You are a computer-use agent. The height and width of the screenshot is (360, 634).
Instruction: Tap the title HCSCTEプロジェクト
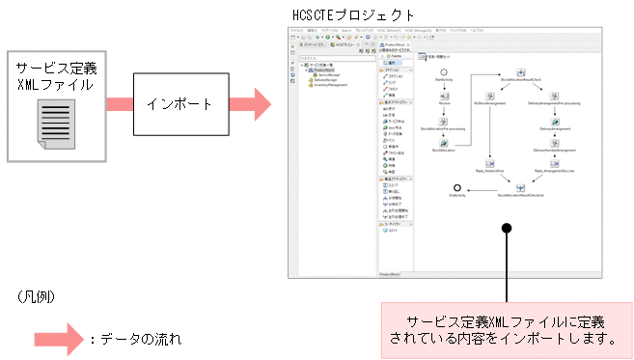(x=353, y=15)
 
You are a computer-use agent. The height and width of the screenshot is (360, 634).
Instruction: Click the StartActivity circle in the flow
(x=443, y=72)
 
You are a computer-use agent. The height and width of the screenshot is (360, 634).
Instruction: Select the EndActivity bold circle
(x=456, y=187)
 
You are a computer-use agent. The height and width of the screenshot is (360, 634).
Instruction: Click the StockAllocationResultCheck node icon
(x=521, y=72)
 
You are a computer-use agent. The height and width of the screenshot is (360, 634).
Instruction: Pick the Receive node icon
(x=443, y=96)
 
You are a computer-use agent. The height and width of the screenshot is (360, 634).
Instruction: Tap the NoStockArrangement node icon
(x=489, y=96)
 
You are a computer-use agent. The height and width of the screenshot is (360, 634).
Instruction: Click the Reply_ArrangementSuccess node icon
(x=553, y=163)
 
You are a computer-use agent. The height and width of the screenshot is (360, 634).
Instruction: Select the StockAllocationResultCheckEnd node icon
(x=521, y=187)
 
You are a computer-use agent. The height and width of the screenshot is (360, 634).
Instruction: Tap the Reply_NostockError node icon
(x=489, y=163)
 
